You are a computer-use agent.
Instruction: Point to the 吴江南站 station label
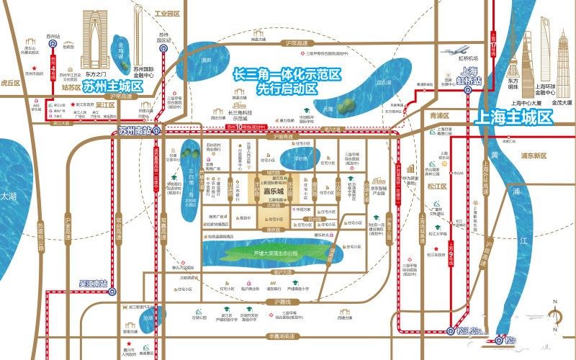click(94, 284)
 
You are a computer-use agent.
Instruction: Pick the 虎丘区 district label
click(10, 83)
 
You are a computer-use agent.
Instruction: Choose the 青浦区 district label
click(438, 115)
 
